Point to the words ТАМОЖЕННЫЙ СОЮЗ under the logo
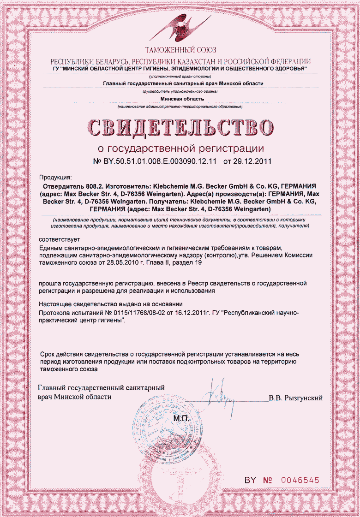click(x=180, y=50)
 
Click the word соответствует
click(x=59, y=239)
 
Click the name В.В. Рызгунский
click(x=296, y=398)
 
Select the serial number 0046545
click(x=300, y=480)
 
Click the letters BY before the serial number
click(x=250, y=480)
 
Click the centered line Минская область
click(x=182, y=99)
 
